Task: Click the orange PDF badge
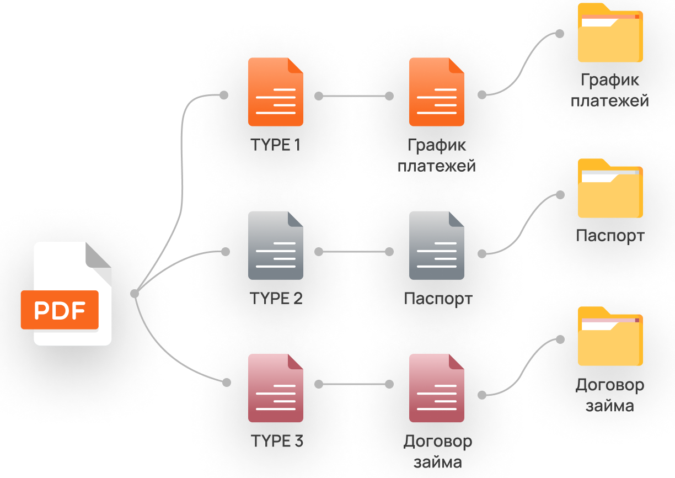click(60, 310)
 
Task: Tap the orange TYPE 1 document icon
click(275, 92)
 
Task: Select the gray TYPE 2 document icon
click(275, 246)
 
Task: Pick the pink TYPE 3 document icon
click(275, 388)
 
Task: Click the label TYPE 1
click(276, 145)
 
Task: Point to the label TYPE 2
click(276, 299)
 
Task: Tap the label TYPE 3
click(276, 441)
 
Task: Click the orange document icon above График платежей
click(436, 92)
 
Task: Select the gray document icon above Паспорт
click(436, 246)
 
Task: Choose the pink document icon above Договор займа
click(436, 388)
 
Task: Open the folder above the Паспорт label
click(610, 189)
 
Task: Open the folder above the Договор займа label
click(610, 337)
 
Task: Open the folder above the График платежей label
click(610, 33)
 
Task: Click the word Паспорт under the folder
click(610, 236)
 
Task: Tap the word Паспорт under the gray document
click(438, 299)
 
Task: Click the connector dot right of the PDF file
click(135, 294)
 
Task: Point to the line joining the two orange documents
click(354, 96)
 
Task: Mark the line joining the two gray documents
click(354, 252)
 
